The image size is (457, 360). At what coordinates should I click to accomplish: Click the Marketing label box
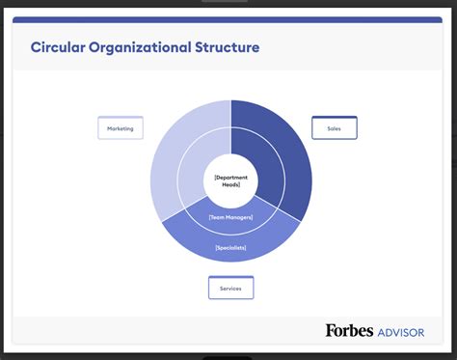(121, 127)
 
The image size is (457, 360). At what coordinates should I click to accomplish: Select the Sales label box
(335, 127)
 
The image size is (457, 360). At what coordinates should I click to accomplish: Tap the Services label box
(230, 288)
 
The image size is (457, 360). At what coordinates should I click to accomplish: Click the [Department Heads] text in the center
(231, 180)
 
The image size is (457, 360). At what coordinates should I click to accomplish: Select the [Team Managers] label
(231, 218)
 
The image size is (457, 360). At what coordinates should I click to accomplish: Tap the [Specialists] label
(231, 248)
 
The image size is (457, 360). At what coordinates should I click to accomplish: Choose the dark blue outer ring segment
(294, 154)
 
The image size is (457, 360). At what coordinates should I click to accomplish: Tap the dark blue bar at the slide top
(228, 19)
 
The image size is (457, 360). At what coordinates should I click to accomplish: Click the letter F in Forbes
(331, 331)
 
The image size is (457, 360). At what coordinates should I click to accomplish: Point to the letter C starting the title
(36, 47)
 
